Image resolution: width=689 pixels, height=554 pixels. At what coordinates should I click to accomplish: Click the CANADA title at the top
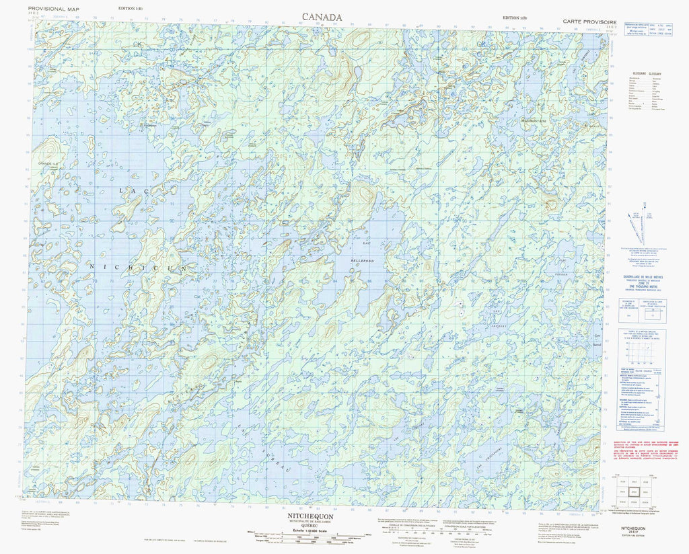coord(322,16)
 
